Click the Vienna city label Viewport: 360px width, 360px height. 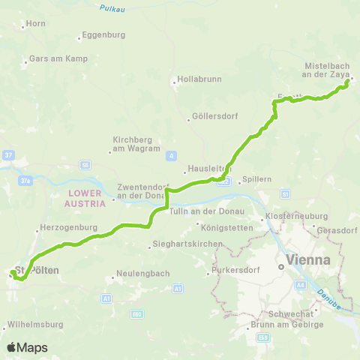click(304, 260)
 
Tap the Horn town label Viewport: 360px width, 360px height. click(36, 24)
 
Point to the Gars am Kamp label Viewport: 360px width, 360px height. click(58, 58)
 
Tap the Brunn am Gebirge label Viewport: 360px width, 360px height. click(287, 324)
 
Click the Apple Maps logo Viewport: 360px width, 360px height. click(27, 347)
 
